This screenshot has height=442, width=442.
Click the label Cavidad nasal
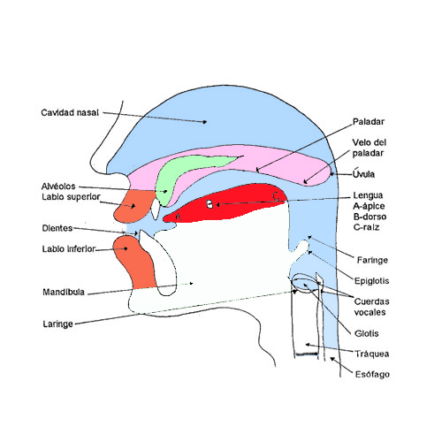[70, 113]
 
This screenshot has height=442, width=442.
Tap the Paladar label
[369, 122]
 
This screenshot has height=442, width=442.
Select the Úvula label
[364, 173]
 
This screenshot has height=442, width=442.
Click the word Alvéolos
[58, 187]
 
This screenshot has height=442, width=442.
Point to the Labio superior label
[71, 197]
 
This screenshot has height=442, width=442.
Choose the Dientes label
[57, 228]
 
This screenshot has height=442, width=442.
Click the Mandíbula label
[64, 292]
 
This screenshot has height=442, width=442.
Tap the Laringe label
[58, 324]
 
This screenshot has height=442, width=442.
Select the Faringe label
[372, 260]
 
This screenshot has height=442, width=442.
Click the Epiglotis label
[371, 281]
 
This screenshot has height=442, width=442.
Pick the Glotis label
[367, 333]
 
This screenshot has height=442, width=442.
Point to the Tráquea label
[371, 354]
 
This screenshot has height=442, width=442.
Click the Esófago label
[372, 375]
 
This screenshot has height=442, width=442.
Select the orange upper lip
[134, 206]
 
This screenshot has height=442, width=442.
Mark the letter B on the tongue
[210, 204]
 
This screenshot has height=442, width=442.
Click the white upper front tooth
[156, 209]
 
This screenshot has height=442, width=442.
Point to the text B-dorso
[370, 217]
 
